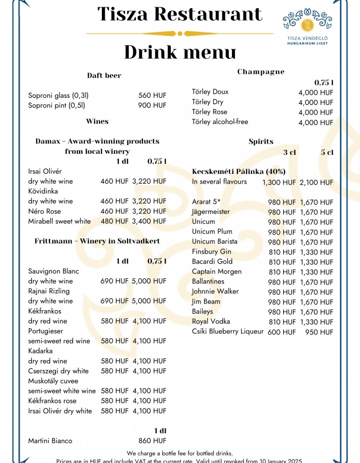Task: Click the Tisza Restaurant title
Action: click(179, 14)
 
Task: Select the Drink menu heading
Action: click(179, 52)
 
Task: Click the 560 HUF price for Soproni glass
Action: click(152, 95)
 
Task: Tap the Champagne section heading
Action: click(261, 72)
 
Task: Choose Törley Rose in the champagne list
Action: click(209, 112)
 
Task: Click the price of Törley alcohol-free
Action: click(316, 122)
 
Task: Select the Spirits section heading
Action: click(261, 141)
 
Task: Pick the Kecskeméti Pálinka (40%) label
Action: click(239, 171)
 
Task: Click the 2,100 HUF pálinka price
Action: click(316, 182)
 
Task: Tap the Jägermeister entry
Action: click(211, 212)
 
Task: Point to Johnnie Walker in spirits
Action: click(215, 292)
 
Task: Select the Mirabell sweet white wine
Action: click(59, 221)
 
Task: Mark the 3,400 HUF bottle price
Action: click(149, 221)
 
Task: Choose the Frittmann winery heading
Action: click(97, 241)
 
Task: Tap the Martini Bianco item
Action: click(50, 441)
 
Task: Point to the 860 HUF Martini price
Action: click(152, 441)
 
